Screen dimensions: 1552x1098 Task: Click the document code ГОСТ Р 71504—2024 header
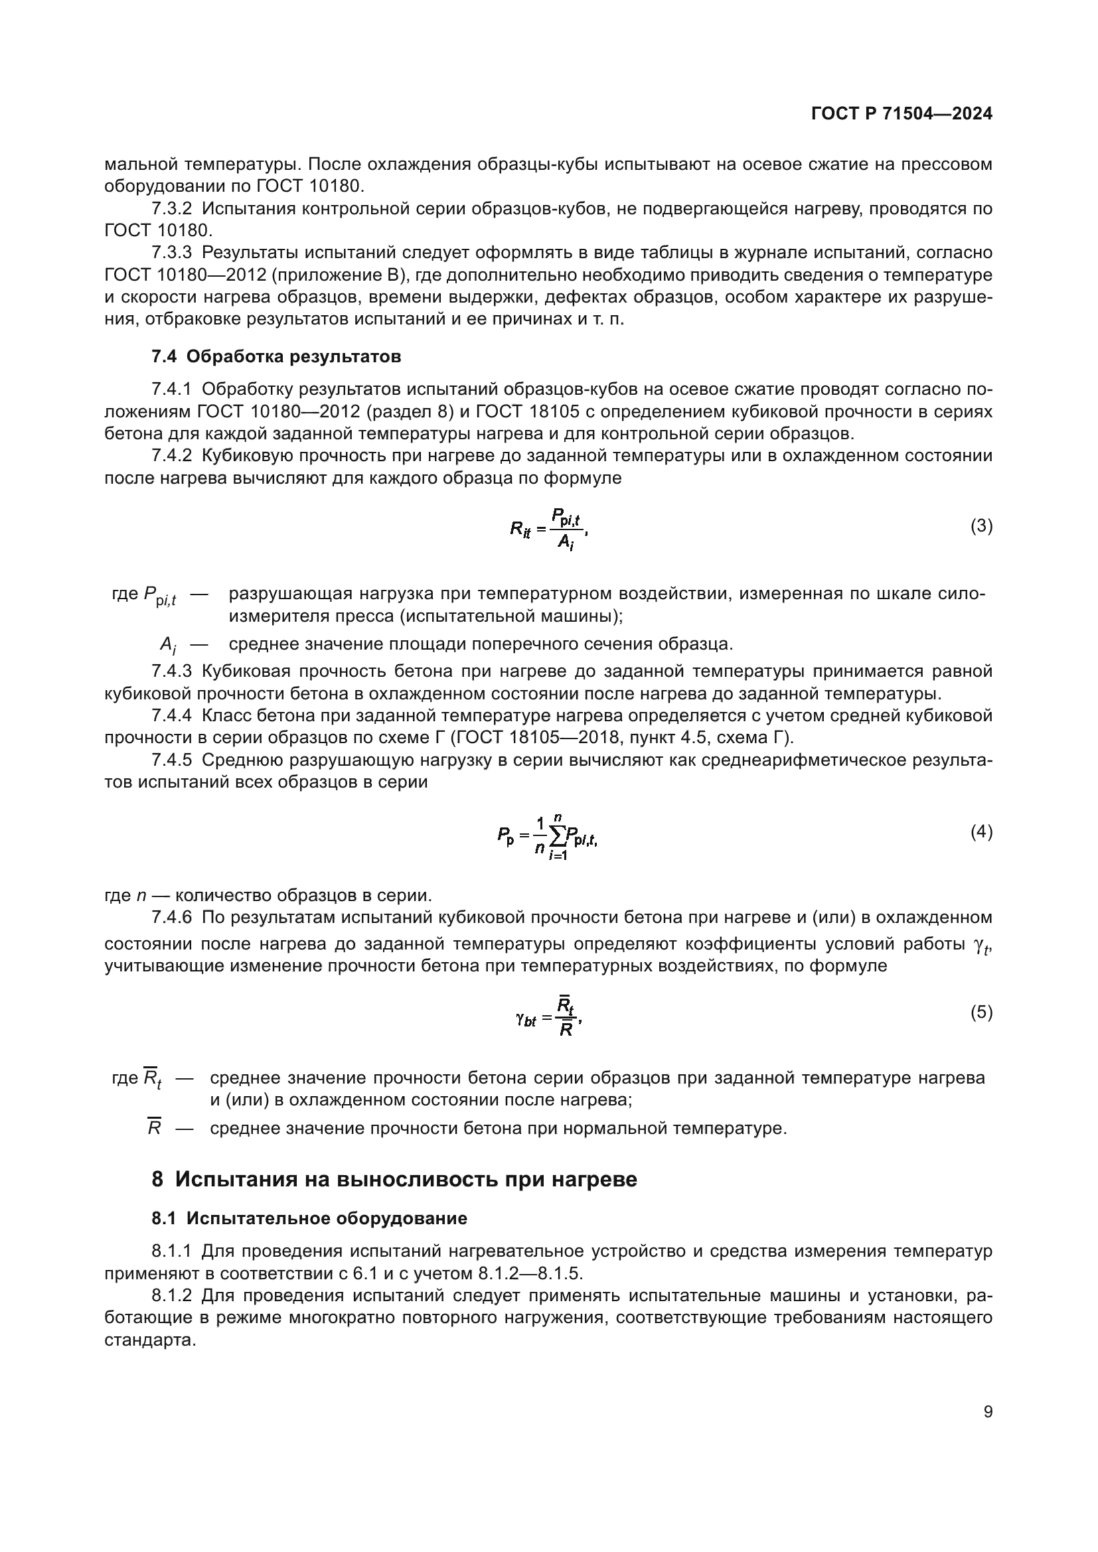(x=902, y=113)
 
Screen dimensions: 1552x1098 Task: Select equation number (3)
(x=981, y=526)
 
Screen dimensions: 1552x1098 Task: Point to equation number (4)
(x=981, y=832)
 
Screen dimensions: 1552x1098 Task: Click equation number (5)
(x=981, y=1012)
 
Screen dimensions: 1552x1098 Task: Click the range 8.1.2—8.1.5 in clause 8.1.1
(x=530, y=1273)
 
